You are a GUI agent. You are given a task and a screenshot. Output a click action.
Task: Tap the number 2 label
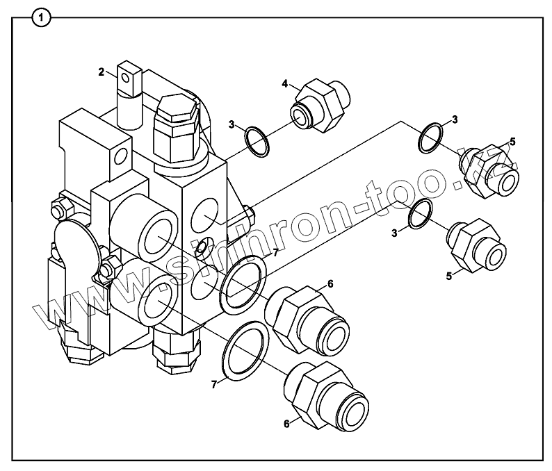[x=102, y=71]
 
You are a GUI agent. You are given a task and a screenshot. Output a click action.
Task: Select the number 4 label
[x=285, y=83]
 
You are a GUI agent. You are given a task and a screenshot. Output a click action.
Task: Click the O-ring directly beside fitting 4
[x=257, y=140]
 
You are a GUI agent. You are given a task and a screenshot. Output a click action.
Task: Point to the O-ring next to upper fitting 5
[x=433, y=138]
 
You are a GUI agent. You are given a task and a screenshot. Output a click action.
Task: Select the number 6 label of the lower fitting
[x=286, y=423]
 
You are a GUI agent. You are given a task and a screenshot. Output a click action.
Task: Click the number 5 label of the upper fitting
[x=512, y=142]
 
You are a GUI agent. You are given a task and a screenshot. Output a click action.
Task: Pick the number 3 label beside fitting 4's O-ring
[x=232, y=125]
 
